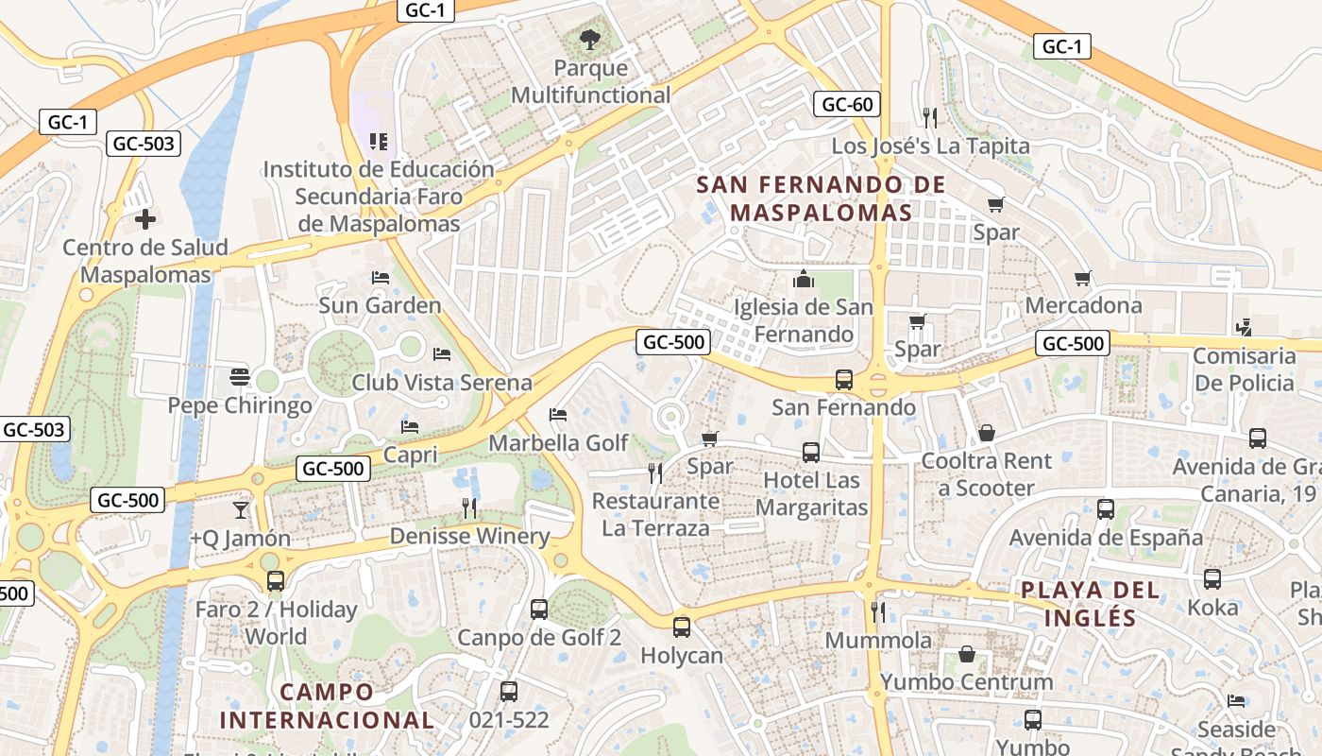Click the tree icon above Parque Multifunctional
tap(590, 40)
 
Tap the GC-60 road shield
tap(847, 104)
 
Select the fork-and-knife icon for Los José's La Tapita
tap(930, 117)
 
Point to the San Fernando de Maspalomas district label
tap(822, 198)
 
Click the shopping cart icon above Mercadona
tap(1083, 278)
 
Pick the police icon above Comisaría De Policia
tap(1244, 328)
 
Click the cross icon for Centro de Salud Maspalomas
tap(144, 219)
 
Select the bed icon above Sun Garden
tap(380, 277)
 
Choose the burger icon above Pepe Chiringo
tap(239, 377)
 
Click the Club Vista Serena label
tap(442, 383)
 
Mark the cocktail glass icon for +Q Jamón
tap(240, 509)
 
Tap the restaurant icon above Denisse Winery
tap(469, 507)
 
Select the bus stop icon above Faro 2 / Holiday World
tap(275, 580)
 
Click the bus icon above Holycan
tap(681, 626)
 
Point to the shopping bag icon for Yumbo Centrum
tap(966, 653)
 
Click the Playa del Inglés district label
tap(1091, 604)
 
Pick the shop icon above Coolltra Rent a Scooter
tap(986, 432)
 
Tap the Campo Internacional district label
tap(327, 706)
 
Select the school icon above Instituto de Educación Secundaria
tap(379, 142)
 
